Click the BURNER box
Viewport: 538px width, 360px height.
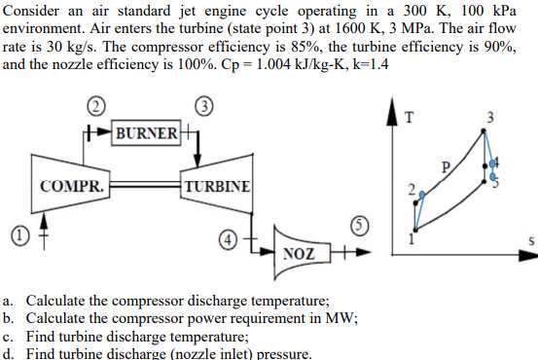coord(146,131)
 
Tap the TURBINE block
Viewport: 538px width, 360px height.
coord(217,185)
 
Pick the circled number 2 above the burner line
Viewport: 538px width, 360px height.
coord(94,104)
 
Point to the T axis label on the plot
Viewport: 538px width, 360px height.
coord(409,118)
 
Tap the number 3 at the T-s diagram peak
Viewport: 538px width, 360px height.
coord(490,118)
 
